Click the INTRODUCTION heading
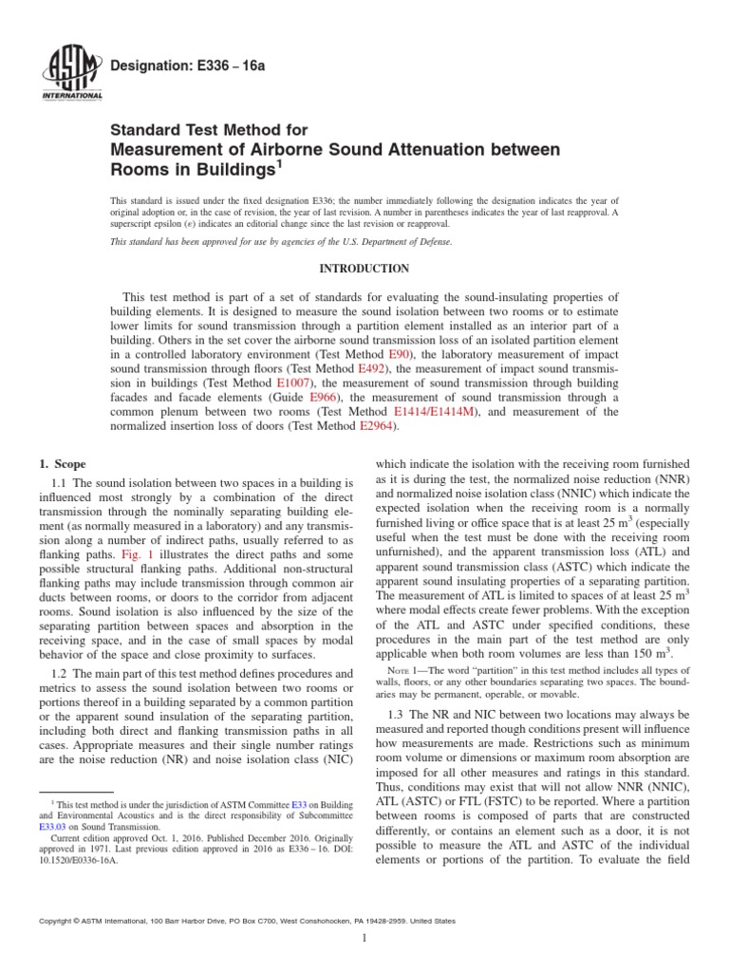[364, 269]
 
